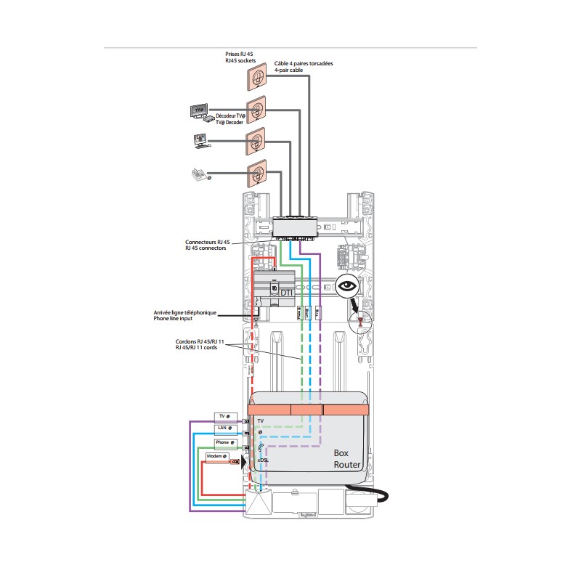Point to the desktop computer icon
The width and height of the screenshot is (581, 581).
(x=201, y=140)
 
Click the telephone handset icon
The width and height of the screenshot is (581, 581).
(x=198, y=174)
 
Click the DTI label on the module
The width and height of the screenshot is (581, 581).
(x=297, y=292)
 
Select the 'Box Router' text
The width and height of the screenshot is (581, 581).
(x=346, y=458)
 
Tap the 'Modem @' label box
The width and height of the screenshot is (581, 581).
(x=217, y=457)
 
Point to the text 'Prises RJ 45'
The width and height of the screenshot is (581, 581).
(x=239, y=54)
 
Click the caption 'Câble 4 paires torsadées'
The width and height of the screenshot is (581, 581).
(x=304, y=64)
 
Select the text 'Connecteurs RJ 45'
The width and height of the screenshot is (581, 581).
(x=207, y=242)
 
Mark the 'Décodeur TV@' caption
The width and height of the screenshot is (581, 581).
(x=231, y=116)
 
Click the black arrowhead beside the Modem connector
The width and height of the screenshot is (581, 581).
(x=244, y=460)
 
